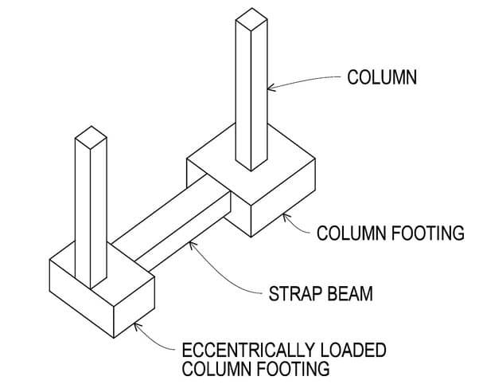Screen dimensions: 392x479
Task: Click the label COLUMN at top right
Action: pos(382,78)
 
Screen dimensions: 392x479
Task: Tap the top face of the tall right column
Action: pos(251,18)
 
